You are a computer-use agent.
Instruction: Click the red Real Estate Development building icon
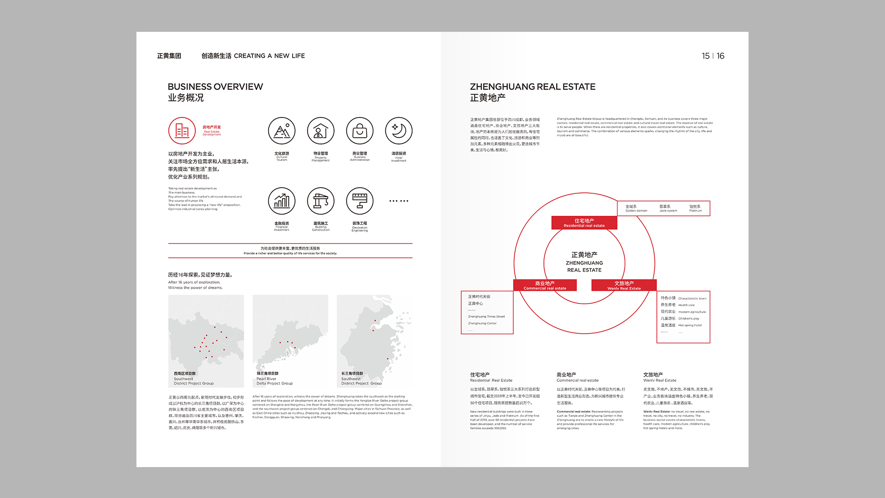tap(182, 130)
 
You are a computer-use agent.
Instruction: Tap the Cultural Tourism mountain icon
tap(282, 130)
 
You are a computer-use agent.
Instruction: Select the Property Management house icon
tap(321, 130)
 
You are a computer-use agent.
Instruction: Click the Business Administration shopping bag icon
tap(360, 130)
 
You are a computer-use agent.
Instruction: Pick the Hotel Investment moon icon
tap(399, 130)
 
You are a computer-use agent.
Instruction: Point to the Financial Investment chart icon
tap(282, 201)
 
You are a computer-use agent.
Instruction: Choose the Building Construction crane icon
tap(321, 201)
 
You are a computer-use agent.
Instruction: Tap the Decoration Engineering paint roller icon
tap(360, 201)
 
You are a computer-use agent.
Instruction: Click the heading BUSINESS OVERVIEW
tap(215, 87)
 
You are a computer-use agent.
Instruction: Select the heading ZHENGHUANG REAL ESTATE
tap(532, 87)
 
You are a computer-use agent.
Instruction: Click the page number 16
tap(720, 56)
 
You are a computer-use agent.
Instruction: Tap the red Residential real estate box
tap(584, 223)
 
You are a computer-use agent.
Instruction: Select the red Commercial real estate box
tap(545, 285)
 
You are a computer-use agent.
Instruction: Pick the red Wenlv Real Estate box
tap(624, 285)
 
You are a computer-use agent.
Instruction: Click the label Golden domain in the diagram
tap(636, 211)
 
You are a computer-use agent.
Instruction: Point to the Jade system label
tap(668, 211)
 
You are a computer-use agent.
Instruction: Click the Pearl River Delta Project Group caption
tap(275, 381)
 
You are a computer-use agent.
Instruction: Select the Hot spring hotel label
tap(690, 326)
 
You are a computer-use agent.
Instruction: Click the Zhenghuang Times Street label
tap(486, 317)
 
